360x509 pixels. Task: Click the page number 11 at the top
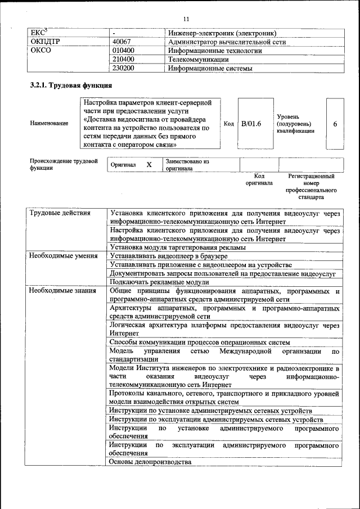click(x=186, y=6)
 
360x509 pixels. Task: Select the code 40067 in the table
click(x=121, y=42)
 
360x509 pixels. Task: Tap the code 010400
click(x=123, y=51)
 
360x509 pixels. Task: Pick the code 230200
click(x=123, y=69)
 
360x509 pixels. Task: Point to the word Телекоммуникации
click(x=198, y=60)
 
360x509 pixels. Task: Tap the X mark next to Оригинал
click(x=149, y=165)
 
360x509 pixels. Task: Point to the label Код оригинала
click(x=259, y=179)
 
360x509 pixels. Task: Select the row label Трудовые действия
click(x=58, y=213)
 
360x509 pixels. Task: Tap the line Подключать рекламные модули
click(x=159, y=282)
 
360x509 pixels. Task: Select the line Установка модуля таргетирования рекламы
click(x=178, y=247)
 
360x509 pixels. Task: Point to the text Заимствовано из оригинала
click(x=187, y=165)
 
